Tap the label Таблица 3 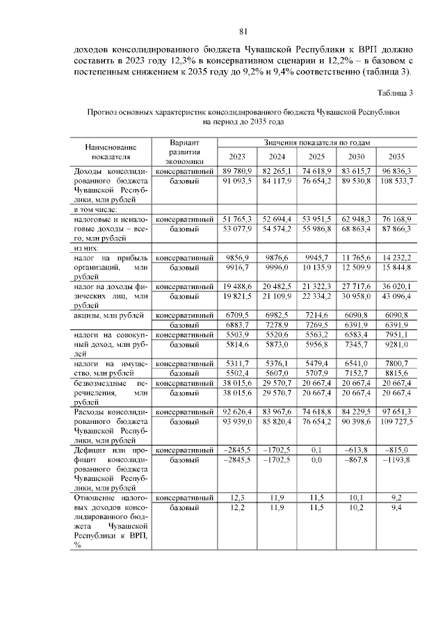[395, 92]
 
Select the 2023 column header [237, 156]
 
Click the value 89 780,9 [237, 171]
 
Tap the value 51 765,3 [237, 219]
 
